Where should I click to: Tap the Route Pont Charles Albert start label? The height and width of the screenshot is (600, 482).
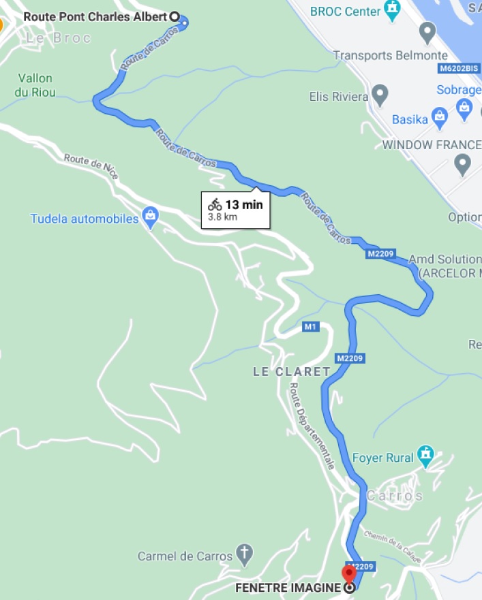coord(95,16)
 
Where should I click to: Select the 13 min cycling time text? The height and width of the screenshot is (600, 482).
coord(243,204)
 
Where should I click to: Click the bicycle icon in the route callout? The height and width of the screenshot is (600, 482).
coord(215,204)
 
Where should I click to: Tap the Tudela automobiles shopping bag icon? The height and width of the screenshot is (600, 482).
coord(151,218)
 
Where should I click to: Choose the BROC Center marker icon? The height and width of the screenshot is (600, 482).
coord(393,10)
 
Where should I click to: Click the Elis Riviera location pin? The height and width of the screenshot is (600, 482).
coord(380,95)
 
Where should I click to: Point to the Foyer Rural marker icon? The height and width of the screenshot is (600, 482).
coord(426,456)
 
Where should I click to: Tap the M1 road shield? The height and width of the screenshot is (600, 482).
coord(311,327)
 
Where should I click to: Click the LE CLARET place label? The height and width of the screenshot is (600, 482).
coord(291,372)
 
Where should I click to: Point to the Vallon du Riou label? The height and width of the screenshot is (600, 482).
coord(35,85)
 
